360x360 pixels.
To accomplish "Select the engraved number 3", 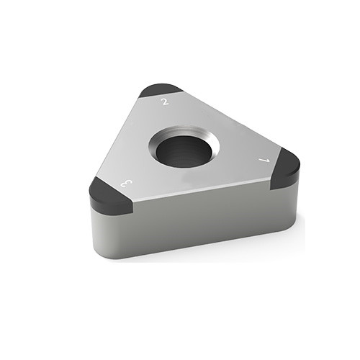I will click(128, 184).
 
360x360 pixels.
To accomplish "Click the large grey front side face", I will click(202, 223).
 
